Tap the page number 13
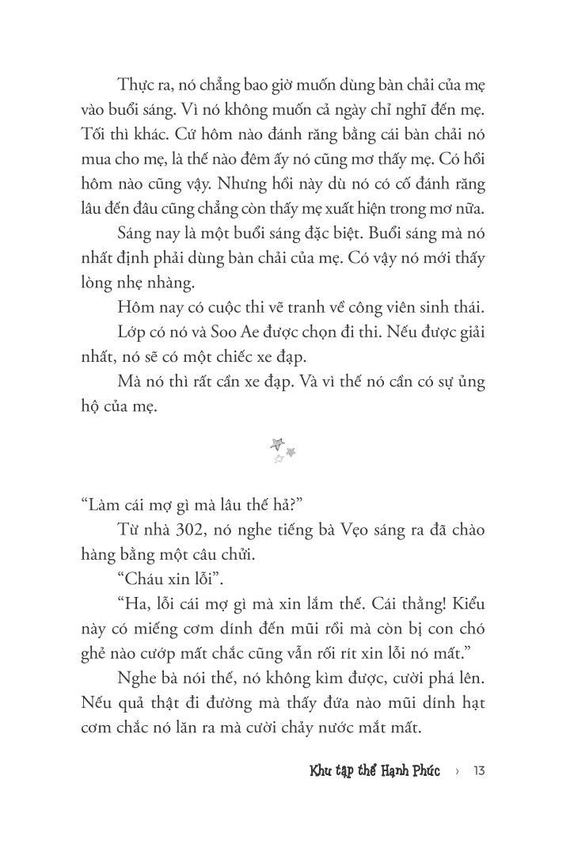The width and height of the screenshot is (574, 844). coord(478,769)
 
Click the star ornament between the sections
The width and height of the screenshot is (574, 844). coord(283,450)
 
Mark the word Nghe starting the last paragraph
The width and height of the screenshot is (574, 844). coord(138,679)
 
